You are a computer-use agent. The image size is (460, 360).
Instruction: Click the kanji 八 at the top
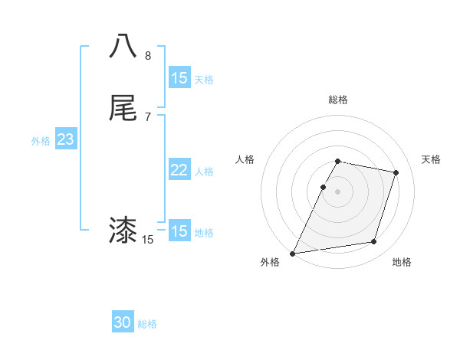tap(123, 45)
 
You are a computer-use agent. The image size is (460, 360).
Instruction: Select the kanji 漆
tap(123, 230)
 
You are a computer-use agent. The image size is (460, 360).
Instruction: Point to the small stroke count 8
tap(148, 56)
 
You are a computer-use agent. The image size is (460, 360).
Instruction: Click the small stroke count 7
tap(148, 117)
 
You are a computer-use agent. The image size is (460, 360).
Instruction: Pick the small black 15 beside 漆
tap(148, 240)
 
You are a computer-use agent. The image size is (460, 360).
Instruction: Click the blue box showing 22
tap(179, 170)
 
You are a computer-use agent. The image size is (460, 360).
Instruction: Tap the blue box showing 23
tap(65, 140)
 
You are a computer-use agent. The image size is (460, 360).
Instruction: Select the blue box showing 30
tap(123, 322)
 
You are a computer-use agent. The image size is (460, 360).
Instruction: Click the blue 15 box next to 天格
tap(179, 78)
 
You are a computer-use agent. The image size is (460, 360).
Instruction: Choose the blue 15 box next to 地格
tap(179, 231)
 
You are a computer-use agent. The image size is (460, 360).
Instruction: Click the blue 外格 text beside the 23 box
tap(41, 141)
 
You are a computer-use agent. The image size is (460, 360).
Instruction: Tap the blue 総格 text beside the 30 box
tap(147, 324)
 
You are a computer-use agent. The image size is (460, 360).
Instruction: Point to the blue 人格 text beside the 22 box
tap(205, 172)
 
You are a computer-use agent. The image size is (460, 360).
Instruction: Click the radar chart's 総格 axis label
tap(338, 100)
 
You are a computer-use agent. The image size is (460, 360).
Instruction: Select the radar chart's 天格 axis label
tap(432, 159)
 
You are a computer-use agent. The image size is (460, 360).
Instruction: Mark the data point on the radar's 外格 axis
tap(293, 253)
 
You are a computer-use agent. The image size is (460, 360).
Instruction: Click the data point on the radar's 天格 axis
tap(396, 172)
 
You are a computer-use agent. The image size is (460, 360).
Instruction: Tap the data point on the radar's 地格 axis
tap(374, 242)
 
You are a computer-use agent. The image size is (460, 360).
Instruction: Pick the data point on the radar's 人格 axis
tap(324, 187)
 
